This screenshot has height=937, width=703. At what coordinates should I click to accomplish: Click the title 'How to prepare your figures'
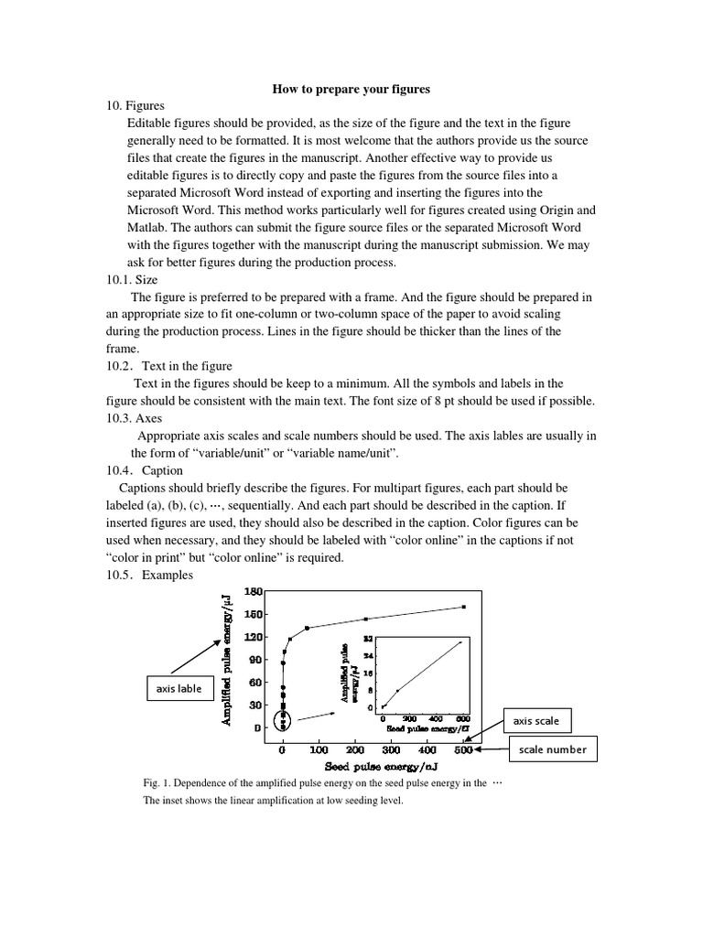[x=351, y=89]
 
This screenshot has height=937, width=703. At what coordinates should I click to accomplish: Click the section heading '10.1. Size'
[x=134, y=280]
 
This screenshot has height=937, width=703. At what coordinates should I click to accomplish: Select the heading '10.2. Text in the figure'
[x=169, y=366]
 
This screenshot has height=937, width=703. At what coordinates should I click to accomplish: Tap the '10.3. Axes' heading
[x=135, y=418]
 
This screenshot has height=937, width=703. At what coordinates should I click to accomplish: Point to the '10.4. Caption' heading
[x=145, y=470]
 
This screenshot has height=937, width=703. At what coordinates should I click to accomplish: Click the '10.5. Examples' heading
[x=150, y=575]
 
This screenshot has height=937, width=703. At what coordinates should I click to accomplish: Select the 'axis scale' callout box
[x=535, y=720]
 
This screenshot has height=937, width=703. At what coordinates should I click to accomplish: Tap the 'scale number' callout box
[x=554, y=750]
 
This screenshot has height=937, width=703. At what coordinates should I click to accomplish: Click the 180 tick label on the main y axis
[x=253, y=592]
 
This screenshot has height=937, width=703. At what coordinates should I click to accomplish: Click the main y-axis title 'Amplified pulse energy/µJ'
[x=226, y=659]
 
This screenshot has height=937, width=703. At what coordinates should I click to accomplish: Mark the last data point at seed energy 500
[x=464, y=607]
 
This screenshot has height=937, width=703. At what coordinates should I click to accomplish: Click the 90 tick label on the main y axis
[x=255, y=660]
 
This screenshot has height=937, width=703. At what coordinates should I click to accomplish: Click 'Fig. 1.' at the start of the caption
[x=157, y=783]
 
